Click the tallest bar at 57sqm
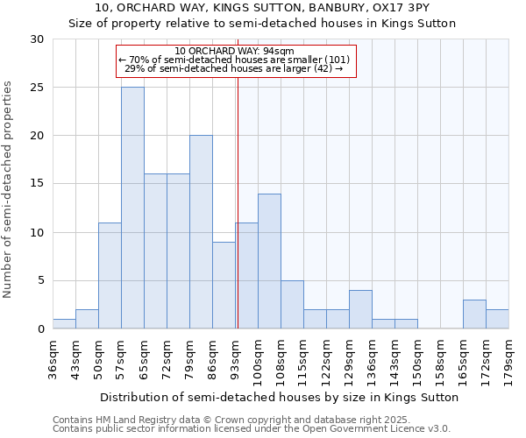(132, 208)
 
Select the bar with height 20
(201, 232)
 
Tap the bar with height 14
(269, 261)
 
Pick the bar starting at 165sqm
(474, 314)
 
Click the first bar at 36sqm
(64, 324)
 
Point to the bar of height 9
(224, 285)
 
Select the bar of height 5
(292, 305)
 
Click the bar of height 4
(360, 309)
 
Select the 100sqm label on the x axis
(258, 359)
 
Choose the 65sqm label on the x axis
(144, 359)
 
